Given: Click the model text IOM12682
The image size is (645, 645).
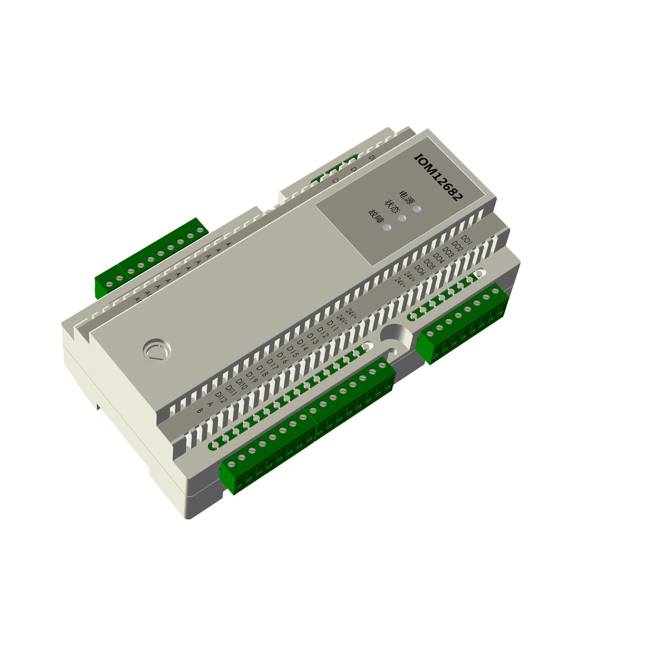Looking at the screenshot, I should click(438, 178).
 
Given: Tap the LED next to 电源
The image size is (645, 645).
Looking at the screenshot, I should click(417, 209).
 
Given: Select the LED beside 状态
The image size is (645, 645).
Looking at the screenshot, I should click(402, 218).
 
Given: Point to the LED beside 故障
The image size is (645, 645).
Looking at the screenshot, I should click(387, 228).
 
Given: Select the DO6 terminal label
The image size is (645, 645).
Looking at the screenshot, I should click(419, 270).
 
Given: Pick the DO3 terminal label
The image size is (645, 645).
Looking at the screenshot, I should click(447, 252).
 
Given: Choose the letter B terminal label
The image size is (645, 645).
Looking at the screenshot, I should click(199, 411).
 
